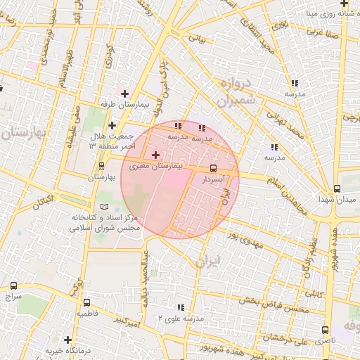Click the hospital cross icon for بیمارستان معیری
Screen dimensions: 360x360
pos(155,154)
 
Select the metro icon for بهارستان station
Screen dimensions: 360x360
pos(103,167)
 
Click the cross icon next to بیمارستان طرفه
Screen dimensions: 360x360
pos(125,93)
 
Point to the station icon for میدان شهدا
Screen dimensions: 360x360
pos(337,188)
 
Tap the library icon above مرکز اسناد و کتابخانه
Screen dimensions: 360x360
pos(105,207)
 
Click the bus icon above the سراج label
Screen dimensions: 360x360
pos(14,285)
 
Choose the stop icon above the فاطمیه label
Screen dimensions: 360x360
pos(86,301)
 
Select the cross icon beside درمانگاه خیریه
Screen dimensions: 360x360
pos(67,340)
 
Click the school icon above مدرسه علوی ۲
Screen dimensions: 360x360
pos(181,307)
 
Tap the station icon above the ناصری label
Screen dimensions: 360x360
pos(325,329)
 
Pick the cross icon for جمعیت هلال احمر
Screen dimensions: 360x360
pos(112,126)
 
